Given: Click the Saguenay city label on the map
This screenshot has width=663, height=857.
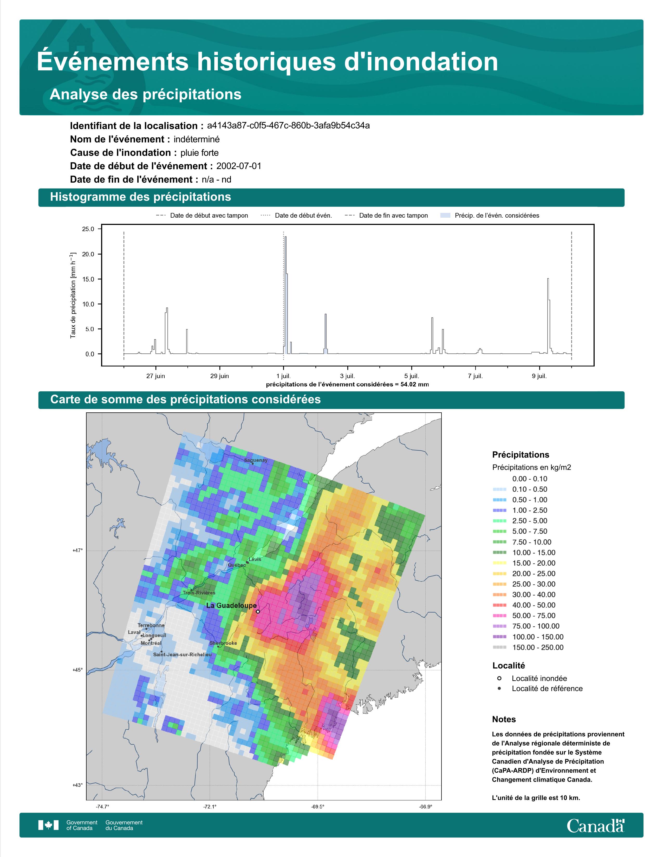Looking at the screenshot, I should [x=256, y=460].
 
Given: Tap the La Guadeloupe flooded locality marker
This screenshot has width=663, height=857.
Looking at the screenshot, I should [x=258, y=611].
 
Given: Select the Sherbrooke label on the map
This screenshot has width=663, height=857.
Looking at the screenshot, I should [x=223, y=643].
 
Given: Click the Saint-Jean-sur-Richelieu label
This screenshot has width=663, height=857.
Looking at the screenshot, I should [x=182, y=654].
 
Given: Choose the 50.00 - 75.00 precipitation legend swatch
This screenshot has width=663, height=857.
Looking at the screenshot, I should [x=499, y=616].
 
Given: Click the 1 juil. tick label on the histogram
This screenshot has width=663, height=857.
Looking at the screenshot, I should [x=284, y=376].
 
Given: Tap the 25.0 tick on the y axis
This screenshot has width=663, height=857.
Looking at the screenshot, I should [x=88, y=229].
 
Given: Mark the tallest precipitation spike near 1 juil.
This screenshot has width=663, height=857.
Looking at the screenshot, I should [x=285, y=237].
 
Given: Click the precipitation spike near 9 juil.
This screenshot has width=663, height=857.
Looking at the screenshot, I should [x=548, y=279].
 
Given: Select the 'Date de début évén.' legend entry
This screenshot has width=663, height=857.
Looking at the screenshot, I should [x=303, y=216].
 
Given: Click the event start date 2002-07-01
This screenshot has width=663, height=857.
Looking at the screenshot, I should [x=238, y=166].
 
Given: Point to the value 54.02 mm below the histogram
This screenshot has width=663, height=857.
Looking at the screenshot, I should [x=414, y=385].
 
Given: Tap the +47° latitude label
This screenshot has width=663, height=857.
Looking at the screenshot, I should [x=77, y=551].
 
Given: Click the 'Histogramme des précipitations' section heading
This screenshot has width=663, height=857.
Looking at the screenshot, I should [x=140, y=197].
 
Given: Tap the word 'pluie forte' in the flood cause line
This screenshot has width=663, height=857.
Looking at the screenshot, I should [x=199, y=153].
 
